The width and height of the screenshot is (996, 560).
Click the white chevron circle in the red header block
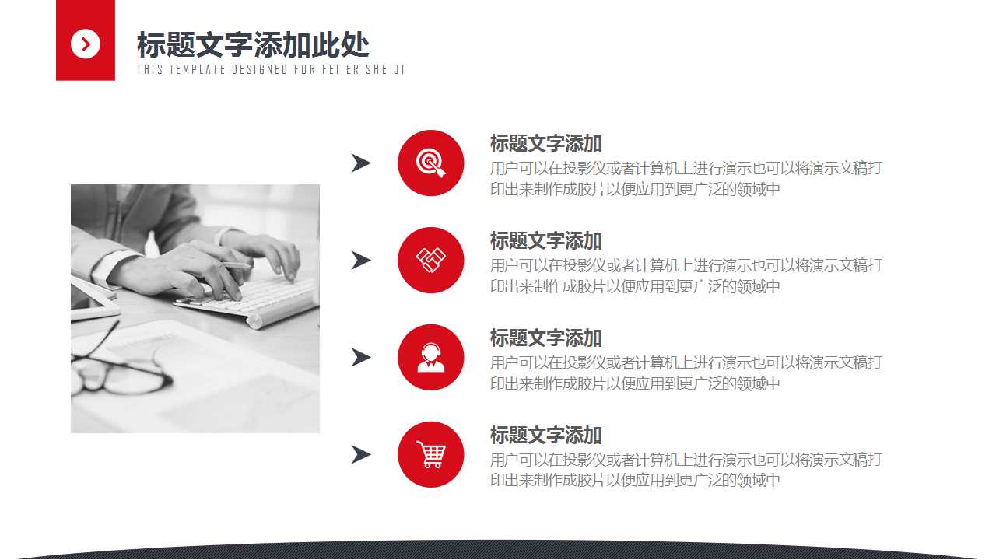(86, 44)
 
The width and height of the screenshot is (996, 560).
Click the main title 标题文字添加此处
(253, 45)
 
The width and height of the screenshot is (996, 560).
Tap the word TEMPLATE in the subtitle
(195, 69)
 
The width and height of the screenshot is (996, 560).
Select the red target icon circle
(430, 163)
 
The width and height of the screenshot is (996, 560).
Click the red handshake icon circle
(430, 260)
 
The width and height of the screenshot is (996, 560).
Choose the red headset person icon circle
(430, 357)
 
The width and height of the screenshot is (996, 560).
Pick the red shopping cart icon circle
(430, 454)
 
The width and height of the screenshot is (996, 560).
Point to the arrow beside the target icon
(360, 163)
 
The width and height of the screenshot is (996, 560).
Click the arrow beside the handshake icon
(360, 261)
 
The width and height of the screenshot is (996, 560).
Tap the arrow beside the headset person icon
(360, 358)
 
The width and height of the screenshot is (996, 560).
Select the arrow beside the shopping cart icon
(360, 455)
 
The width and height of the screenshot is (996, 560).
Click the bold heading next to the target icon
(545, 144)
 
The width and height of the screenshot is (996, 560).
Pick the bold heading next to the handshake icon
(545, 241)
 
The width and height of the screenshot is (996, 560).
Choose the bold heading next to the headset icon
(545, 338)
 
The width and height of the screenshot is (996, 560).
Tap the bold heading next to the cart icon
(545, 436)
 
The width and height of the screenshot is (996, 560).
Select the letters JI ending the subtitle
(399, 69)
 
